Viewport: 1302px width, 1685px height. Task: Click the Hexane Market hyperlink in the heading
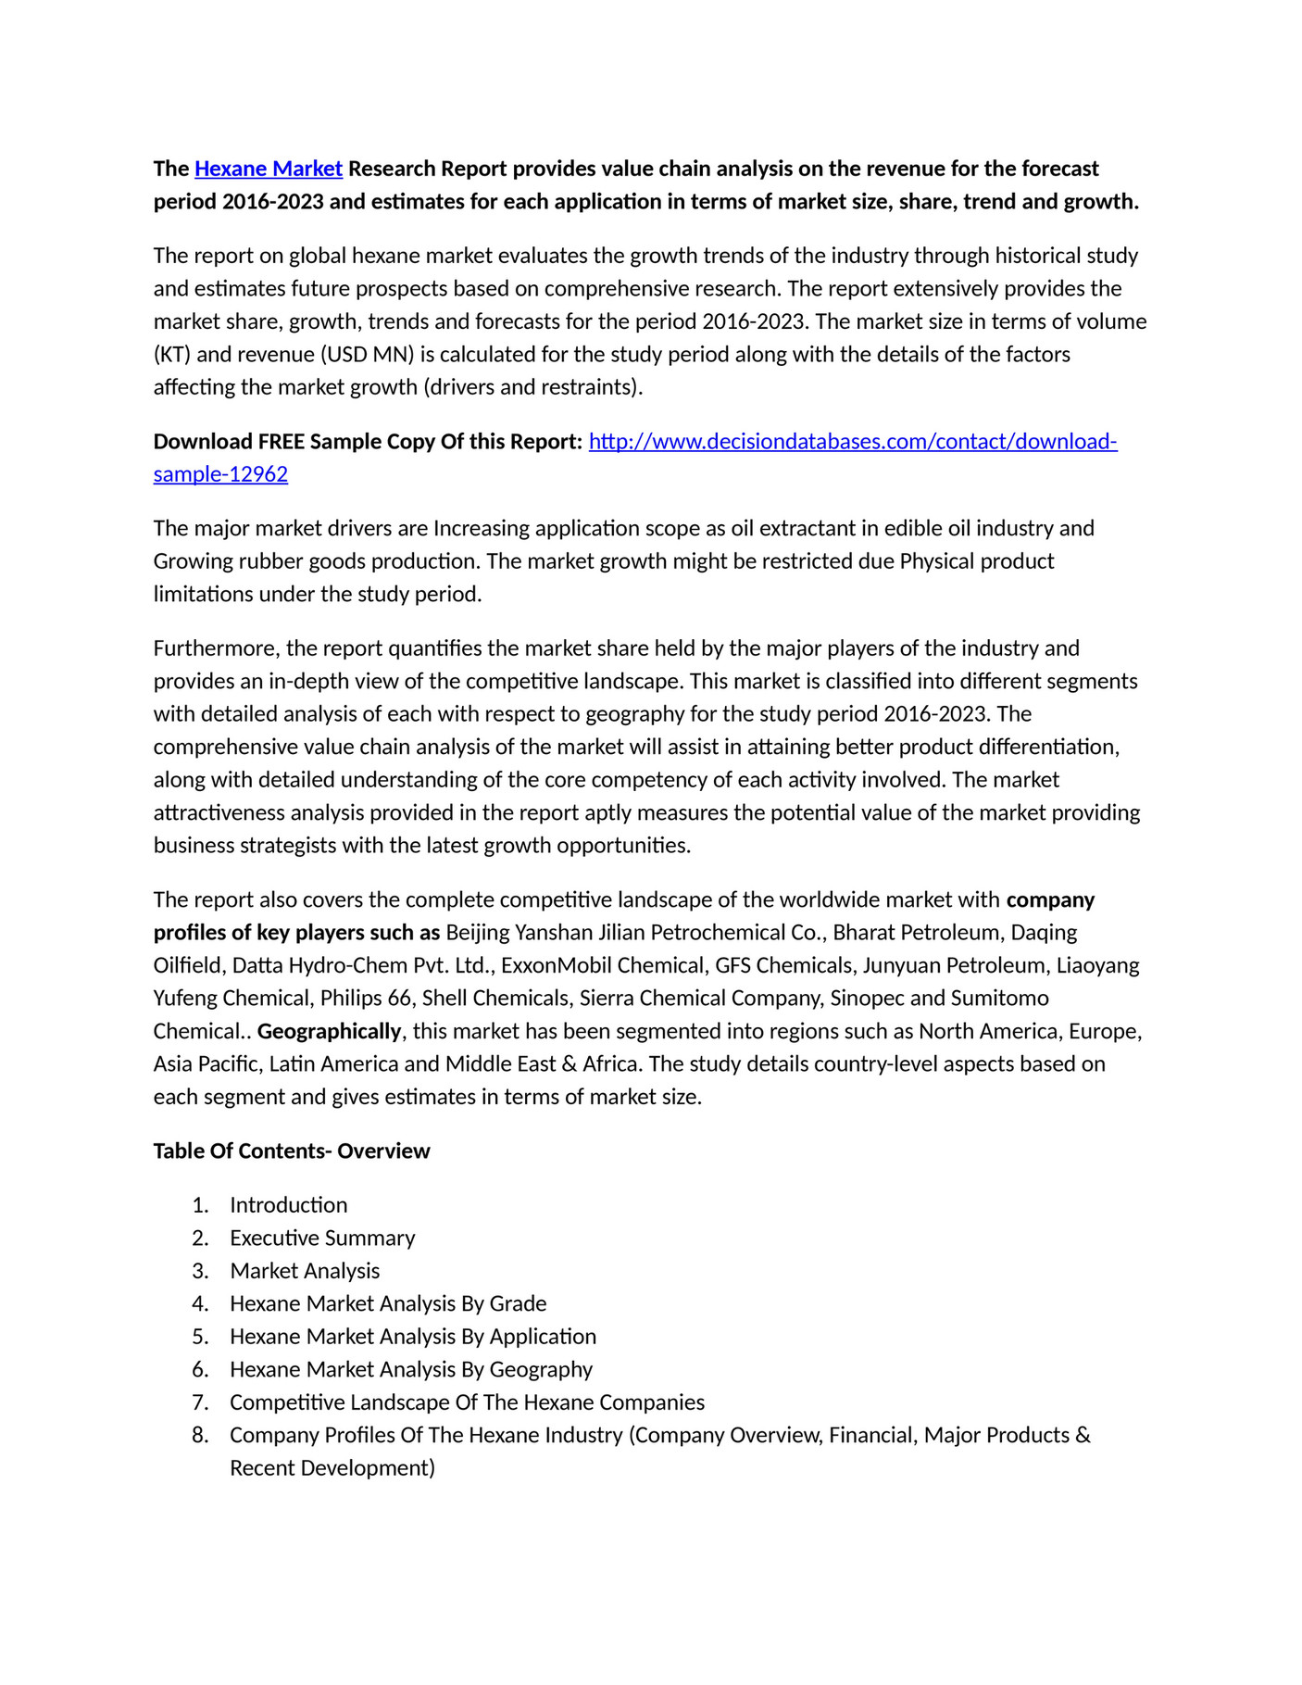pyautogui.click(x=269, y=169)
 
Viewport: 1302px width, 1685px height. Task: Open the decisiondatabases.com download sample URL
pyautogui.click(x=852, y=442)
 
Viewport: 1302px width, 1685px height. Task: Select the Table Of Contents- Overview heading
pyautogui.click(x=292, y=1151)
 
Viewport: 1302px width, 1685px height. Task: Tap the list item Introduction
pyautogui.click(x=288, y=1205)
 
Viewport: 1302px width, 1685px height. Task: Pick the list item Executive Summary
pyautogui.click(x=322, y=1239)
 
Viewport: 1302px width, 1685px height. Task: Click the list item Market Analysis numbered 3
pyautogui.click(x=305, y=1271)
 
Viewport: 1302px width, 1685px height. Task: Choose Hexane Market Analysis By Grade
pyautogui.click(x=388, y=1304)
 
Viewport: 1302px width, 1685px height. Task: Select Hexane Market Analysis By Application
pyautogui.click(x=413, y=1337)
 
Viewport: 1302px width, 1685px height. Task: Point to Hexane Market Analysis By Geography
pyautogui.click(x=411, y=1370)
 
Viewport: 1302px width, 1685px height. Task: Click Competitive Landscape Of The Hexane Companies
pyautogui.click(x=467, y=1402)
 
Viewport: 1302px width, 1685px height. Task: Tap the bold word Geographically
pyautogui.click(x=329, y=1032)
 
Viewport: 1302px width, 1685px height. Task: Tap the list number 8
pyautogui.click(x=200, y=1436)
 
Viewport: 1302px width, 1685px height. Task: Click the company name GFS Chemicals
pyautogui.click(x=783, y=966)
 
